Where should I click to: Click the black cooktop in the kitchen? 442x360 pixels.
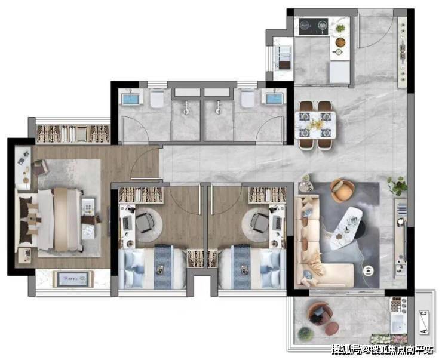click(314, 26)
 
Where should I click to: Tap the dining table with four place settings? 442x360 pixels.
click(315, 125)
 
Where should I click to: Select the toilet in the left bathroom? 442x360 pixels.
click(157, 99)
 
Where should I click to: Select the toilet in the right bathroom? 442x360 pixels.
click(248, 99)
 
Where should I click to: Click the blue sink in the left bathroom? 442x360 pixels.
click(131, 99)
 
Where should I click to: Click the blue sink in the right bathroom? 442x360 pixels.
click(275, 99)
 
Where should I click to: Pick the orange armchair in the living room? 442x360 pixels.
click(342, 190)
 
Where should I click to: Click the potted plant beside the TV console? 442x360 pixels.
click(397, 186)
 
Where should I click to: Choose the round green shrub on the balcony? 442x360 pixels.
click(306, 334)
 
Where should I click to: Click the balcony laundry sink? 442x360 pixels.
click(398, 323)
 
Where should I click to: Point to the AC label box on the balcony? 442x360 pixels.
click(423, 323)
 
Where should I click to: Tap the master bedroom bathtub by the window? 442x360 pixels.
click(73, 279)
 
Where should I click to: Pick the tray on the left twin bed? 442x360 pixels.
click(161, 269)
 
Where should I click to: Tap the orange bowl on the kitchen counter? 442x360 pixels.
click(340, 42)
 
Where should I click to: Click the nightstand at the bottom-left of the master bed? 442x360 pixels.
click(25, 255)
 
